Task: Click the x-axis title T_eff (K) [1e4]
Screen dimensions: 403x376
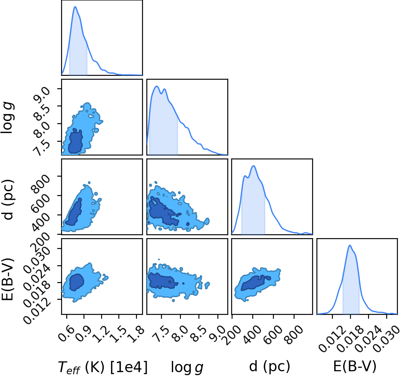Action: coord(103,367)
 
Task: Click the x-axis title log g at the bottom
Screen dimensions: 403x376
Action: coord(187,367)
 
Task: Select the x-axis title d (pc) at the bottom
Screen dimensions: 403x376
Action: coord(270,367)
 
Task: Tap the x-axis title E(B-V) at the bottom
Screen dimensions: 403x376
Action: coord(355,366)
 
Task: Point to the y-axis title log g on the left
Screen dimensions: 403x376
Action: coord(7,117)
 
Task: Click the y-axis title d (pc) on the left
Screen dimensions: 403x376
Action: coord(9,199)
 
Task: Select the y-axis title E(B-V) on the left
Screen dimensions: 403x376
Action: coord(7,279)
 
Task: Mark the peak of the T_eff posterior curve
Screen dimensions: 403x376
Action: coord(75,7)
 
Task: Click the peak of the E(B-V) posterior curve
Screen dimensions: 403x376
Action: coord(350,245)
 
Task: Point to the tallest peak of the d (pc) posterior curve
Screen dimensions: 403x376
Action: coord(254,166)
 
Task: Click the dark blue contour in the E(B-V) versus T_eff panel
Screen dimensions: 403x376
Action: coord(77,282)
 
